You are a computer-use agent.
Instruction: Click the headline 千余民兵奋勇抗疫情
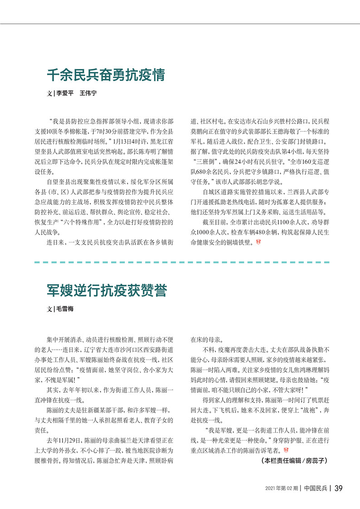tap(106, 75)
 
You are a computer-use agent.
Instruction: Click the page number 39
tap(338, 488)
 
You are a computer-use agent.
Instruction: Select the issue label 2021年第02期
tap(281, 488)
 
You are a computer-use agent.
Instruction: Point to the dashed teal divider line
tap(181, 262)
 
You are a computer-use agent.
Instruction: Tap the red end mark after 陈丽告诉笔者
tap(285, 451)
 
